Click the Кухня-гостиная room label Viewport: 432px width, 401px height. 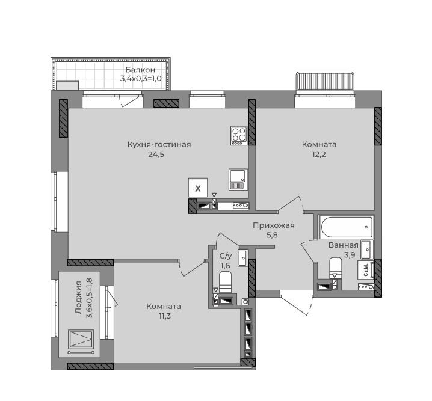point(159,144)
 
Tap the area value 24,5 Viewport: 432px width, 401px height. point(156,154)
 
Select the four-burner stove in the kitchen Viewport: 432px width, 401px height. point(239,136)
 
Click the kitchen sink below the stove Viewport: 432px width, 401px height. point(238,179)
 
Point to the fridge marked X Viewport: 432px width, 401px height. point(198,188)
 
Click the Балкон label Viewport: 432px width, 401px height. point(140,70)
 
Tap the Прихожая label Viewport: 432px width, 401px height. point(274,225)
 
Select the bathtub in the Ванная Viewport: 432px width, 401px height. point(347,227)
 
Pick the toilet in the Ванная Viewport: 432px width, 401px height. point(336,268)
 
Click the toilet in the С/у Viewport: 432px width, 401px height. point(225,282)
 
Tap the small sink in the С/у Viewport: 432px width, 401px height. point(243,258)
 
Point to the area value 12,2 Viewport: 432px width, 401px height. point(319,154)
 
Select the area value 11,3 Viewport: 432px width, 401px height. point(164,316)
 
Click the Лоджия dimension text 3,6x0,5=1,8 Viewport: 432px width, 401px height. point(90,298)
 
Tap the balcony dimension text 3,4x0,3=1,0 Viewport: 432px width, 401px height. point(141,79)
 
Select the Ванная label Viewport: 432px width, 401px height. point(344,245)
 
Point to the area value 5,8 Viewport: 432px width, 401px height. point(272,235)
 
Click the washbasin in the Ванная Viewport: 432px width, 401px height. point(367,249)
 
